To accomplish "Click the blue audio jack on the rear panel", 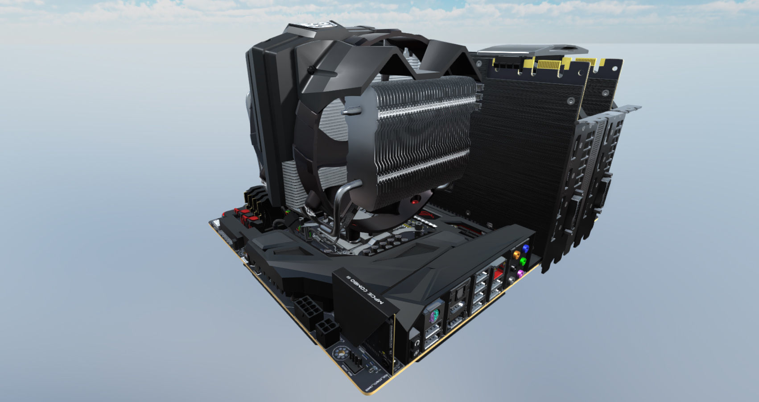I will point(526,248).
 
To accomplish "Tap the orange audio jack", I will point(517,255).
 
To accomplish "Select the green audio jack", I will point(524,261).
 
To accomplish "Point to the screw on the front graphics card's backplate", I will point(571,101).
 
